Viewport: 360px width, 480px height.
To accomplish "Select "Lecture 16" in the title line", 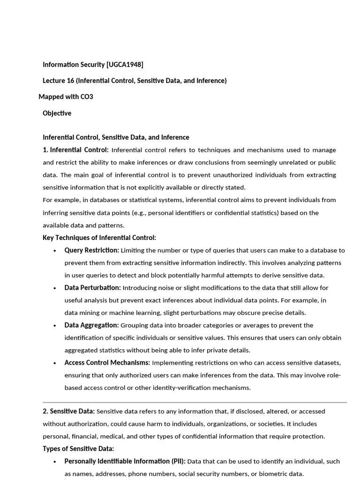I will (x=59, y=81).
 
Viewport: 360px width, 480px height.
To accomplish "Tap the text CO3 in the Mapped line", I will (x=87, y=97).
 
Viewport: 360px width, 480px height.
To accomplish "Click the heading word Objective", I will (x=57, y=113).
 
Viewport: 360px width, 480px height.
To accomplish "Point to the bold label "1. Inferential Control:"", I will (x=75, y=150).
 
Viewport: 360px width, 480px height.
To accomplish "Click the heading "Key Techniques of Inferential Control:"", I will (x=99, y=238).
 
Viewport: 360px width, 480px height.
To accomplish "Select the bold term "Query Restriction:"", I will (x=91, y=250).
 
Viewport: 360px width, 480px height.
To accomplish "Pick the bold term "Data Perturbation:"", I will (x=92, y=287).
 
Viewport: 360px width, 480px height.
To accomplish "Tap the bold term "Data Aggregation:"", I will (x=91, y=325).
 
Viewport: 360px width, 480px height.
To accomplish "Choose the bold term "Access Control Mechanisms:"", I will (x=107, y=362).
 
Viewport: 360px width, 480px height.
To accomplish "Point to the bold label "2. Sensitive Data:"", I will (x=68, y=411).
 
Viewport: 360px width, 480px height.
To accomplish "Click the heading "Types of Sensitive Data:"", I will (x=78, y=449).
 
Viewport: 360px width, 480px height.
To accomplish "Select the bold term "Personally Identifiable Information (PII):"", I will (x=125, y=461).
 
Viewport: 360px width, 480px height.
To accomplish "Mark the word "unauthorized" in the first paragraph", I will (x=234, y=175).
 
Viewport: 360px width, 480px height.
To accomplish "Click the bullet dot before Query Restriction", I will (x=55, y=251).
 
